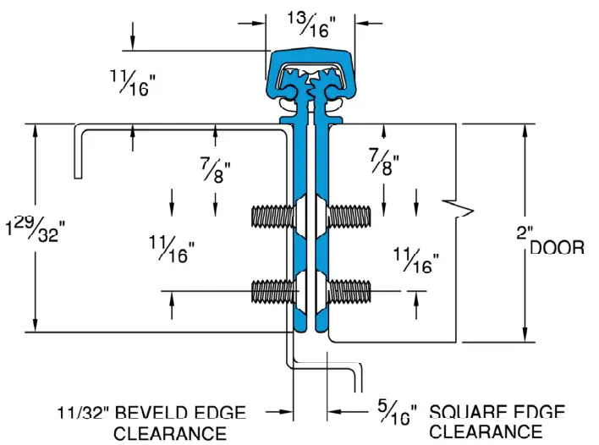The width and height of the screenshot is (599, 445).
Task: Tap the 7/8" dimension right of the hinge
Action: pos(383,161)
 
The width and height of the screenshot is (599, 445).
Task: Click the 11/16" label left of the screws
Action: pos(172,246)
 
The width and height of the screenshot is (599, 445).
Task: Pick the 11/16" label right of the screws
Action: pos(416,261)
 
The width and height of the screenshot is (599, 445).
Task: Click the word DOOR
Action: pos(557,247)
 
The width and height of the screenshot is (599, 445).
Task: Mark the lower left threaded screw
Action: pos(272,292)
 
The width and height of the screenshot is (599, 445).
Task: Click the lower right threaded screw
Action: pos(349,292)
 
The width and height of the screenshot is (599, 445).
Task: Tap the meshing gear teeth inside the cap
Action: pos(310,85)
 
